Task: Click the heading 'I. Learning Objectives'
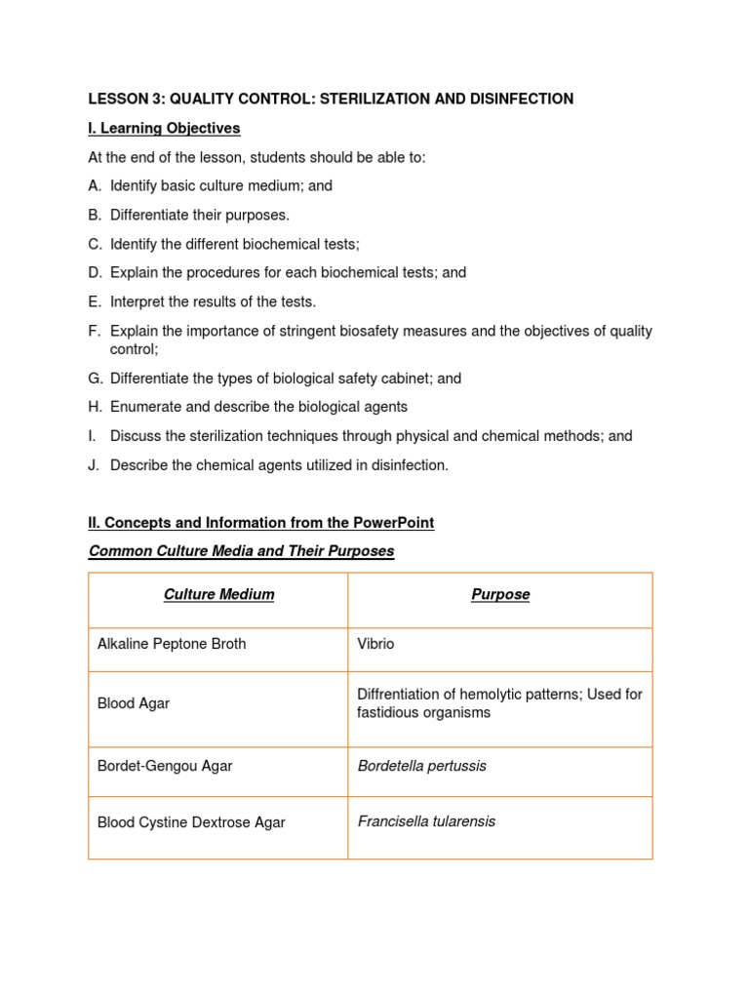(164, 128)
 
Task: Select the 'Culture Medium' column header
(218, 594)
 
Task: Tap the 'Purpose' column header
(500, 594)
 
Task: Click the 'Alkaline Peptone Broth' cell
(172, 644)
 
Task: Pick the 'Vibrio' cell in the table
(375, 644)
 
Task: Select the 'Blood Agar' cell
(134, 703)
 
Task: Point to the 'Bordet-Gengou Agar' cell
(165, 766)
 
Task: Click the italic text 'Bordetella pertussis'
(421, 766)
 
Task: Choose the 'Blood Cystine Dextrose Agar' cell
(191, 822)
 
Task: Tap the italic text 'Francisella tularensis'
(426, 821)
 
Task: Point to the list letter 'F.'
(95, 331)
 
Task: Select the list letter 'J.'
(95, 465)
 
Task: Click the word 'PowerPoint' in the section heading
(395, 523)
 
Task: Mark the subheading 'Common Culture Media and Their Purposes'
(241, 551)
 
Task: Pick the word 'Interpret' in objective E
(138, 301)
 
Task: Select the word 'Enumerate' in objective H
(144, 407)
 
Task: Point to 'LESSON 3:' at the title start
(122, 99)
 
